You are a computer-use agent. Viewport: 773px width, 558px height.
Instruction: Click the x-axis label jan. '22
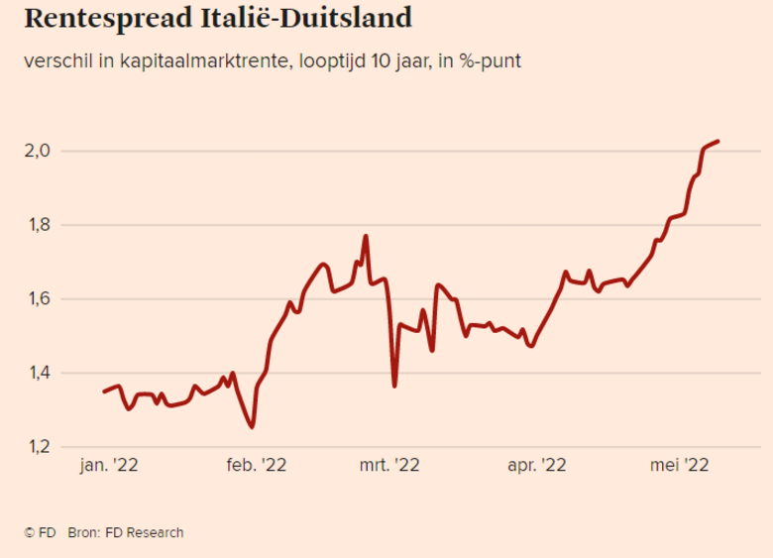[109, 464]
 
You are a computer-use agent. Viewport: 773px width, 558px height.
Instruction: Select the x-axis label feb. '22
[256, 464]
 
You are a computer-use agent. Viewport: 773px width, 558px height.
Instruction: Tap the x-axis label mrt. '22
[393, 464]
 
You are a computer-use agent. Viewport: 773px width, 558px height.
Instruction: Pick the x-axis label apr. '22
[535, 464]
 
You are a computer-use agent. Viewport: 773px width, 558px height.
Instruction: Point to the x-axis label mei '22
[679, 464]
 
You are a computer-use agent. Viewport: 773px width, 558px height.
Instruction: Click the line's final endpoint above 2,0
[718, 142]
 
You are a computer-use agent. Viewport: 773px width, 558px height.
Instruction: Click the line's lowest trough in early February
[252, 427]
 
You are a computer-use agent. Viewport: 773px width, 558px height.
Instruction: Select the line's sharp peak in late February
[366, 236]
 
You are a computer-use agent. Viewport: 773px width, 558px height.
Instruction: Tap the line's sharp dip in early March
[394, 386]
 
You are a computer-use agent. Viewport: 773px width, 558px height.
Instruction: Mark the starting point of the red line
[104, 391]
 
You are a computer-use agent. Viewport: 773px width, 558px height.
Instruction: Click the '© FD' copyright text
[39, 532]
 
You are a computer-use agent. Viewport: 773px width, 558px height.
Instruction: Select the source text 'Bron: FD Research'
[126, 532]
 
